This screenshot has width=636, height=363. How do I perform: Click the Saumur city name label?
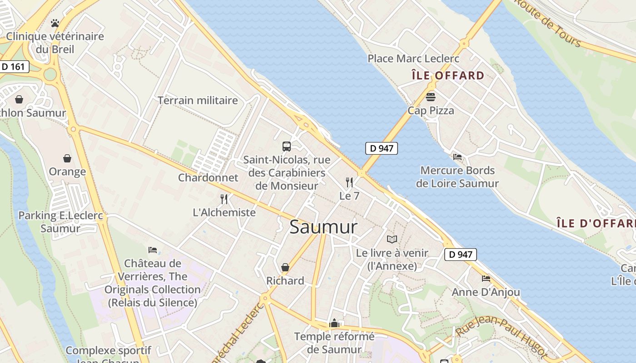(x=323, y=227)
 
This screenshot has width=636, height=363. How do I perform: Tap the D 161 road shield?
(x=14, y=67)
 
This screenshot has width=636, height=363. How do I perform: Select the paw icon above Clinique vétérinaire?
(x=55, y=23)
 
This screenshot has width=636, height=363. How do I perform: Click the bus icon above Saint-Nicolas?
(x=287, y=146)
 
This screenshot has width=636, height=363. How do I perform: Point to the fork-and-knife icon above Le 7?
(x=349, y=182)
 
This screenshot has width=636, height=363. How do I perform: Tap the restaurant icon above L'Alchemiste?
(x=224, y=199)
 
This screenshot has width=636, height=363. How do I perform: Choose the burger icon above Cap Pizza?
(x=431, y=97)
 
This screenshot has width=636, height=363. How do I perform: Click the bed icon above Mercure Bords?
(x=457, y=157)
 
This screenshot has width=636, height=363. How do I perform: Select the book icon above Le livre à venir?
(x=392, y=239)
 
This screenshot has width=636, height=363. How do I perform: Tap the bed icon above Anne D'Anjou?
(x=486, y=278)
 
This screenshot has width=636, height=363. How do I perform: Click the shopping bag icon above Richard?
(x=285, y=267)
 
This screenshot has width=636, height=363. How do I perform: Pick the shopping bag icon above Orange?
(x=67, y=158)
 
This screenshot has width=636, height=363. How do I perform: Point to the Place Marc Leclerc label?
(x=413, y=59)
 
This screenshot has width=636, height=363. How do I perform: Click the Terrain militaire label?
(x=198, y=100)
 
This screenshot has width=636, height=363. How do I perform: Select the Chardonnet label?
(x=208, y=177)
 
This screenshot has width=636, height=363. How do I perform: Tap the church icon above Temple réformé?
(x=334, y=323)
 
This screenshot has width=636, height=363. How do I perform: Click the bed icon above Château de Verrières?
(x=153, y=250)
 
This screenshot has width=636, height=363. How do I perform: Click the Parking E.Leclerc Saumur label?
(x=60, y=222)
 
